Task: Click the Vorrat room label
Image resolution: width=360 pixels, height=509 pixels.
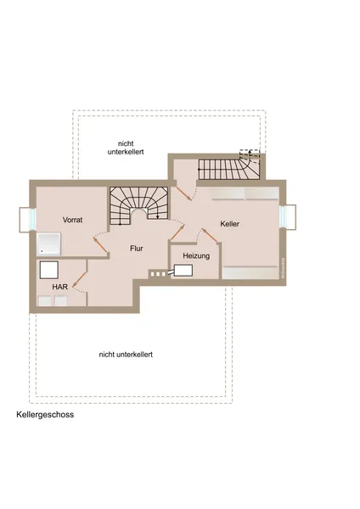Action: pos(73,219)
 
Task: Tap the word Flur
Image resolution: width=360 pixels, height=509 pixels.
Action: pos(136,249)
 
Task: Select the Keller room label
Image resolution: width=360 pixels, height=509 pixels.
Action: pos(229,223)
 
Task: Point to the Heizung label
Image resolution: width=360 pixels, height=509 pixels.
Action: pos(196,255)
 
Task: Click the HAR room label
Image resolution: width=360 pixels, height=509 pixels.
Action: pos(60,287)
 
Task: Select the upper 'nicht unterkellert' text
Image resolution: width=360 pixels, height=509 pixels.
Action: pos(125,147)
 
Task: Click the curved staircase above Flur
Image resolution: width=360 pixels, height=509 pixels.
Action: pos(138,205)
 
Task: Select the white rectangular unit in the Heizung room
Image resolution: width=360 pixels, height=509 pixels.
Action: pos(183,271)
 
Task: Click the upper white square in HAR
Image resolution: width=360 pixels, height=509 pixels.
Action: pos(48,269)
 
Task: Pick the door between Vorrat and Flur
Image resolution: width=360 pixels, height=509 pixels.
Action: pos(100,242)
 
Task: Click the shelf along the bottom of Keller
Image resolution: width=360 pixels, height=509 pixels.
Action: pos(251,272)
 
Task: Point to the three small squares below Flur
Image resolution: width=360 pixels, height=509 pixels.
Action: pos(158,273)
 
